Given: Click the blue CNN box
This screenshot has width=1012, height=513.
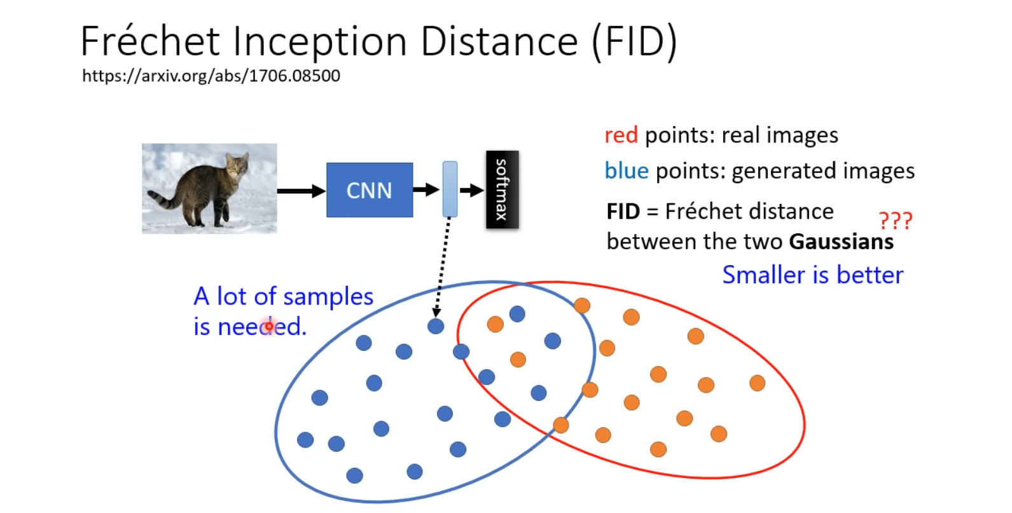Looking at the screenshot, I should (x=369, y=190).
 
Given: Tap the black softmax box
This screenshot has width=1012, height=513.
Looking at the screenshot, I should (x=502, y=189).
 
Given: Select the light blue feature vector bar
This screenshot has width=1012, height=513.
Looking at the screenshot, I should (x=450, y=189).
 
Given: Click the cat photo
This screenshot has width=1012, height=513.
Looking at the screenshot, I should (x=209, y=188).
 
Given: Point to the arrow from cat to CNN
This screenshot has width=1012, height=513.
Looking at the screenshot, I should (x=301, y=191).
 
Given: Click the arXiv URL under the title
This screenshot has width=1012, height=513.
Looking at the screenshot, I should (x=211, y=76).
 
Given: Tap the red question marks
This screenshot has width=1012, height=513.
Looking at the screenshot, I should (x=895, y=221).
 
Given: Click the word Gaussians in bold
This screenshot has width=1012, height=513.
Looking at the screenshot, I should (x=841, y=242).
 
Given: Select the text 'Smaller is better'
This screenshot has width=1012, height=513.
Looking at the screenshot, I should (x=812, y=275).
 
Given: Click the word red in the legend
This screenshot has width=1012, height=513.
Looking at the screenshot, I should (x=621, y=135).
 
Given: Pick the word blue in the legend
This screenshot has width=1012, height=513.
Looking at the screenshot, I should (x=627, y=171).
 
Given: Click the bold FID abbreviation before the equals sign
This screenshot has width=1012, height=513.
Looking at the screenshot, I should (x=623, y=212).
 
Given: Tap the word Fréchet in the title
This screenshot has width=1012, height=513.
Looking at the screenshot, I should (x=150, y=42).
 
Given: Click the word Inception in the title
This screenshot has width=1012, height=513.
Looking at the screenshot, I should (x=320, y=42).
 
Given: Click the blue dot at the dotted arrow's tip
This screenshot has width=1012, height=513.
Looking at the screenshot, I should (x=436, y=326).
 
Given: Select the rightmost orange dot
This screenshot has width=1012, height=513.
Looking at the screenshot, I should (x=757, y=383).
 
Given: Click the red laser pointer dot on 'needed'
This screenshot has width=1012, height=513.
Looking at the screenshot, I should (x=269, y=327).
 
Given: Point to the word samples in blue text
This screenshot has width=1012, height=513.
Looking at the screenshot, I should (x=328, y=297).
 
